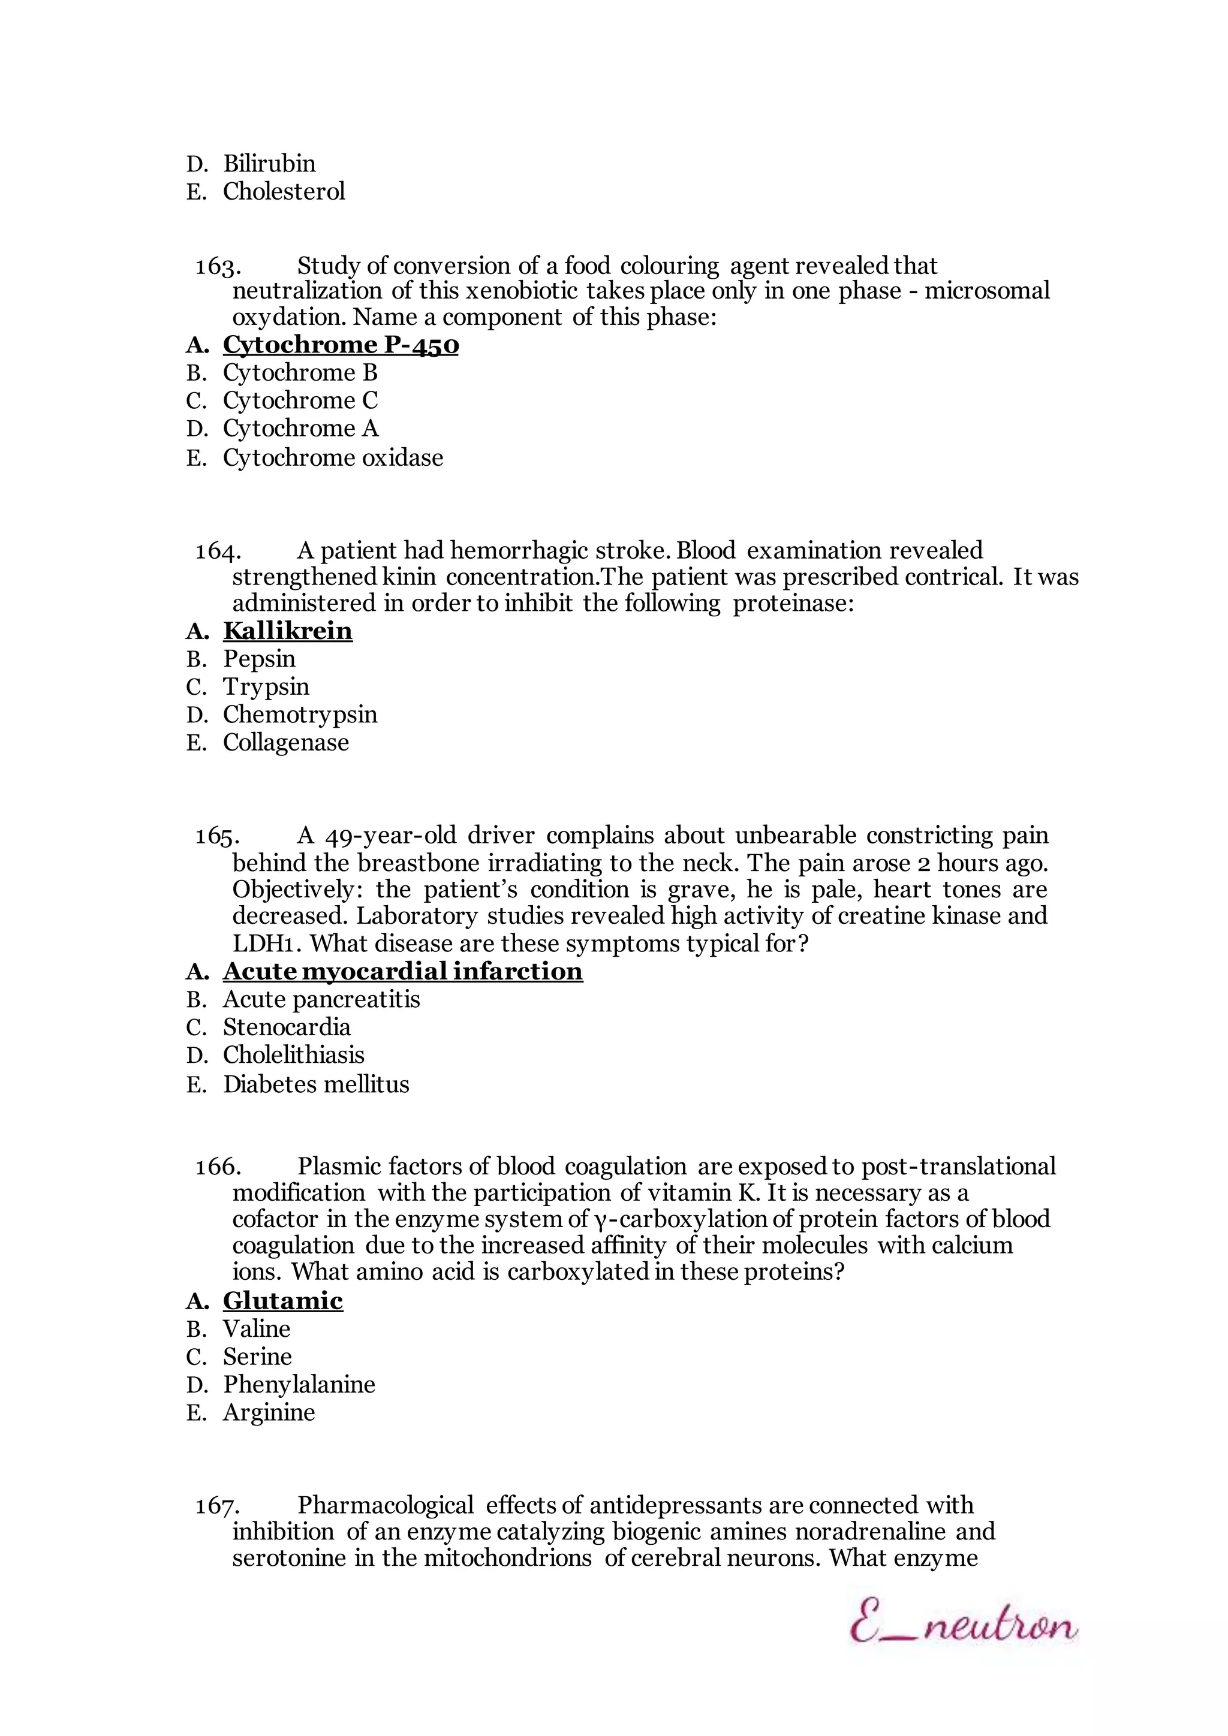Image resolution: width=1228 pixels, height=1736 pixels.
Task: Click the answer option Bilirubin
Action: pos(269,163)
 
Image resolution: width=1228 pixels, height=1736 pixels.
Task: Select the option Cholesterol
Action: pos(284,191)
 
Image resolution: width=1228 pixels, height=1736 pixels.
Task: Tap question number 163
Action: pos(218,266)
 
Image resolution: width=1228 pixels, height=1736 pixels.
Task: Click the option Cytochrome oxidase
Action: pos(333,457)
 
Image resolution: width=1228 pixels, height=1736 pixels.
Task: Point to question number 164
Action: pos(218,550)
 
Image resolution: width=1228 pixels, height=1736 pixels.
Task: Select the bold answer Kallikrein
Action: pos(287,631)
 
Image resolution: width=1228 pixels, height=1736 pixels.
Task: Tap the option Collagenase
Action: pos(286,743)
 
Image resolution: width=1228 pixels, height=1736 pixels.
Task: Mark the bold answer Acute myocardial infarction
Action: pos(402,971)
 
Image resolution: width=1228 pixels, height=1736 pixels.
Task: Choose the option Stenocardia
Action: pos(287,1027)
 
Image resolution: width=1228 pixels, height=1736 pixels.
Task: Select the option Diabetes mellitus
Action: pos(315,1084)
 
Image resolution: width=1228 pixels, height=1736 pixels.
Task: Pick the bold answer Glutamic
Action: pos(283,1300)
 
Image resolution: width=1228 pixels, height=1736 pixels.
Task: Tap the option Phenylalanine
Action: pos(299,1384)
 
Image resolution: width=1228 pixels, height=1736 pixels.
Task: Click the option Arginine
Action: pos(269,1412)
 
